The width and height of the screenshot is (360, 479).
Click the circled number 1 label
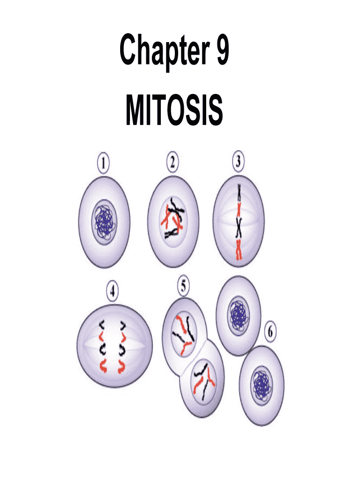[x=103, y=163]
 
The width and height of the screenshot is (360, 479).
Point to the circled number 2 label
[x=173, y=163]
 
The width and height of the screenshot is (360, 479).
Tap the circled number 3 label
[x=238, y=163]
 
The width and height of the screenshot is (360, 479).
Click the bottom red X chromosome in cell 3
[x=239, y=249]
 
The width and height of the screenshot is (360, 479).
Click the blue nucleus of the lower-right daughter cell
[x=261, y=387]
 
